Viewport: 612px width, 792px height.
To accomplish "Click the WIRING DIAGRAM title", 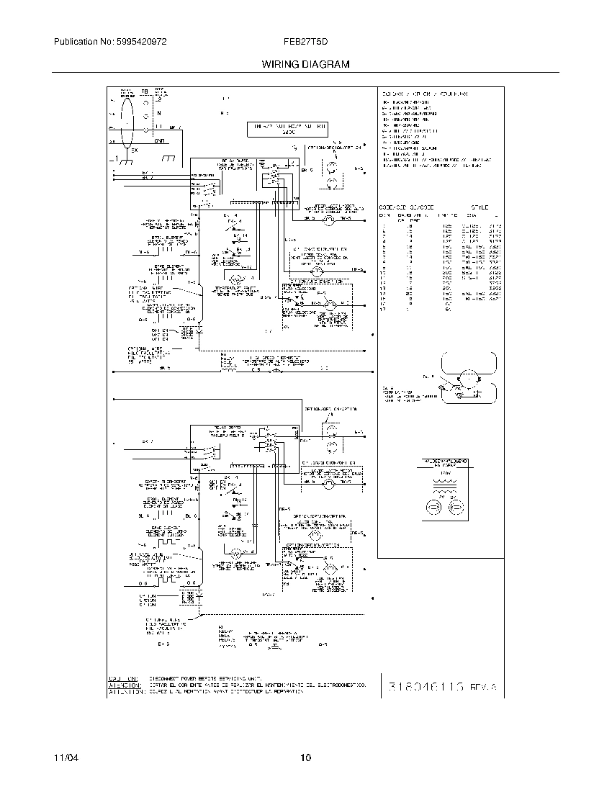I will [305, 64].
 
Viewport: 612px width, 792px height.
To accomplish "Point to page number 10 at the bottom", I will [306, 757].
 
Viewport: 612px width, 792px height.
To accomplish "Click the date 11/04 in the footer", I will [66, 758].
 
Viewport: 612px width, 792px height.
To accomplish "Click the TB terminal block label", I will [144, 92].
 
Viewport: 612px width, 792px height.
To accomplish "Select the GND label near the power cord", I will [159, 141].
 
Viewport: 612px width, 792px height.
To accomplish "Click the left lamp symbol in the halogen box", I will [433, 508].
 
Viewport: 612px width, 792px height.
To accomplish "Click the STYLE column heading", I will [480, 207].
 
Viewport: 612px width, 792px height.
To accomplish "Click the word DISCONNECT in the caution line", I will [165, 678].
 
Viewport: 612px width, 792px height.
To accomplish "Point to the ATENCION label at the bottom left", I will [122, 685].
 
